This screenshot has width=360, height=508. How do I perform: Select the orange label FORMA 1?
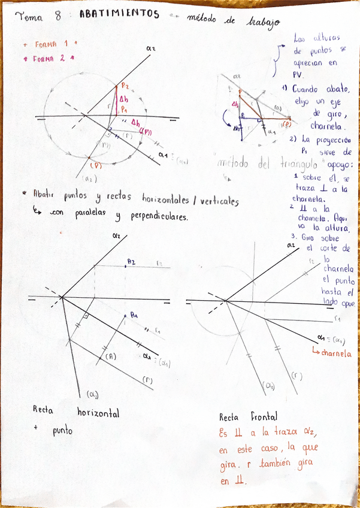pyautogui.click(x=50, y=44)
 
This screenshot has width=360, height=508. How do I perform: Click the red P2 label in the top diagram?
pyautogui.click(x=125, y=87)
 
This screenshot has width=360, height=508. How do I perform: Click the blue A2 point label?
pyautogui.click(x=131, y=262)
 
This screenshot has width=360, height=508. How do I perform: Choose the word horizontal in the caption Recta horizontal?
pyautogui.click(x=98, y=413)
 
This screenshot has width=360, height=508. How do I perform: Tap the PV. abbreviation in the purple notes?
pyautogui.click(x=298, y=75)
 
